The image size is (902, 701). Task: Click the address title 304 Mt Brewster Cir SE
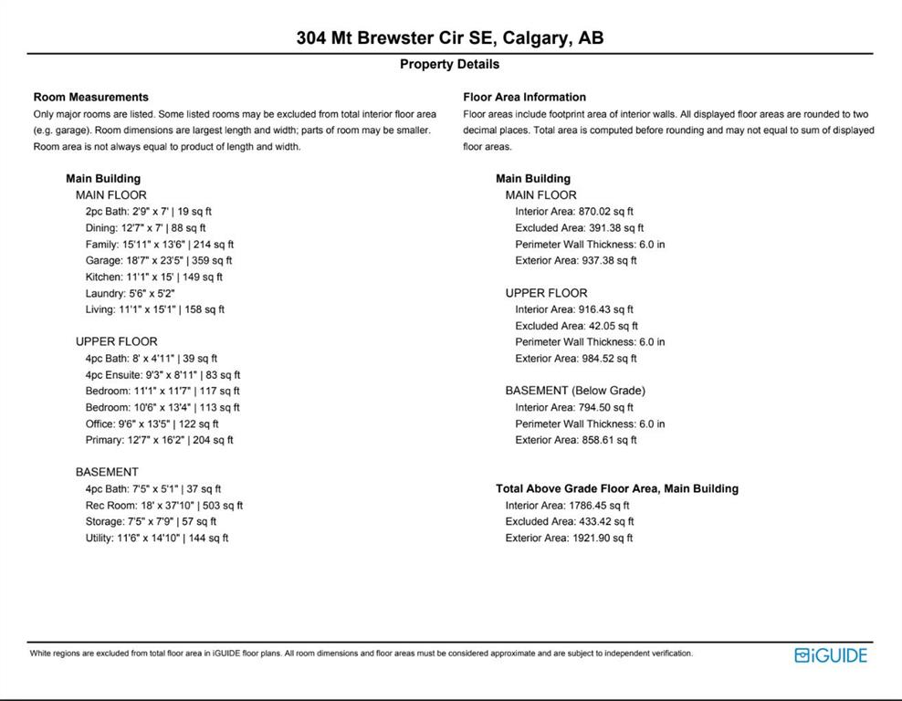(449, 38)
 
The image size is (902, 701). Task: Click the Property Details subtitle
(449, 65)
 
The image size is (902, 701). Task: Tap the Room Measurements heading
(90, 97)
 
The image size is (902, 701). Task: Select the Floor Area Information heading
(524, 97)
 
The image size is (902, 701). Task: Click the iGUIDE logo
(830, 654)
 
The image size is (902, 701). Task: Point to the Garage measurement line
(159, 261)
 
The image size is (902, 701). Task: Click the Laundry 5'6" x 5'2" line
(131, 294)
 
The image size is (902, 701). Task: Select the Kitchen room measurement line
(154, 277)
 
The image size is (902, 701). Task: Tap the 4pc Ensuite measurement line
(163, 375)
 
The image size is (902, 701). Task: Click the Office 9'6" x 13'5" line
(152, 424)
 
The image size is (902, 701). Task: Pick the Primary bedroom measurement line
(159, 440)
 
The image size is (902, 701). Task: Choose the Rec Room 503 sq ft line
(164, 506)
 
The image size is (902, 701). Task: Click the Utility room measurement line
(157, 539)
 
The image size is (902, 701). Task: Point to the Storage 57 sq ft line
(151, 522)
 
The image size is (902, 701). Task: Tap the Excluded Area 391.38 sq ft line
(579, 228)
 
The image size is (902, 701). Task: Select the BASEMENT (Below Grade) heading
(575, 391)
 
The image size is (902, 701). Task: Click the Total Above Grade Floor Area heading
(616, 489)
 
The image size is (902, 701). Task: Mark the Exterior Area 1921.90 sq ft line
(569, 539)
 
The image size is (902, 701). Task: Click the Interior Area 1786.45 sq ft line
(567, 506)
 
